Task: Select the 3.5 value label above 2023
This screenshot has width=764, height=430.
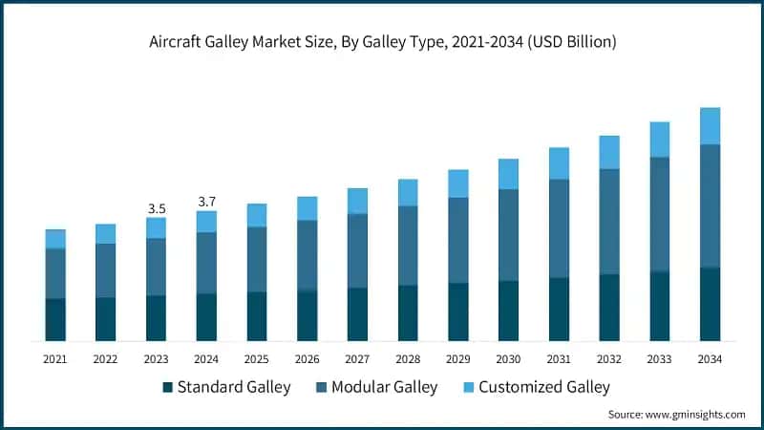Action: pyautogui.click(x=156, y=207)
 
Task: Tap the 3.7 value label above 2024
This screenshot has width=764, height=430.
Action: pyautogui.click(x=206, y=201)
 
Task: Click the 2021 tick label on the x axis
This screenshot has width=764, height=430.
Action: pyautogui.click(x=55, y=358)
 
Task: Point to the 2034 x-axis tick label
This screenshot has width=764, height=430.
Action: pyautogui.click(x=709, y=358)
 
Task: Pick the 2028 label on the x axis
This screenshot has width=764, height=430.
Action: pyautogui.click(x=408, y=358)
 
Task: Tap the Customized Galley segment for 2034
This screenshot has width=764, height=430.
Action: pyautogui.click(x=710, y=125)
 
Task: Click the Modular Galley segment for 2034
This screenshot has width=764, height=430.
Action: pyautogui.click(x=710, y=205)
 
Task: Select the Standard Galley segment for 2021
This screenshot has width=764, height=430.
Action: pyautogui.click(x=55, y=319)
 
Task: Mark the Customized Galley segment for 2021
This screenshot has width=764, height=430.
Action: pyautogui.click(x=55, y=239)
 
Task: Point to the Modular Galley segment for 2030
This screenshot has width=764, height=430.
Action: pyautogui.click(x=508, y=234)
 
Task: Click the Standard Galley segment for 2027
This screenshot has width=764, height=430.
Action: pyautogui.click(x=357, y=313)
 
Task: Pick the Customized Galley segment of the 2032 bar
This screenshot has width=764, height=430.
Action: pyautogui.click(x=609, y=152)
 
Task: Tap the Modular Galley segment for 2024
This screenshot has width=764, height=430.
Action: pyautogui.click(x=206, y=263)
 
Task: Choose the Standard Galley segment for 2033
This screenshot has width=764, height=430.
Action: pyautogui.click(x=660, y=306)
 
